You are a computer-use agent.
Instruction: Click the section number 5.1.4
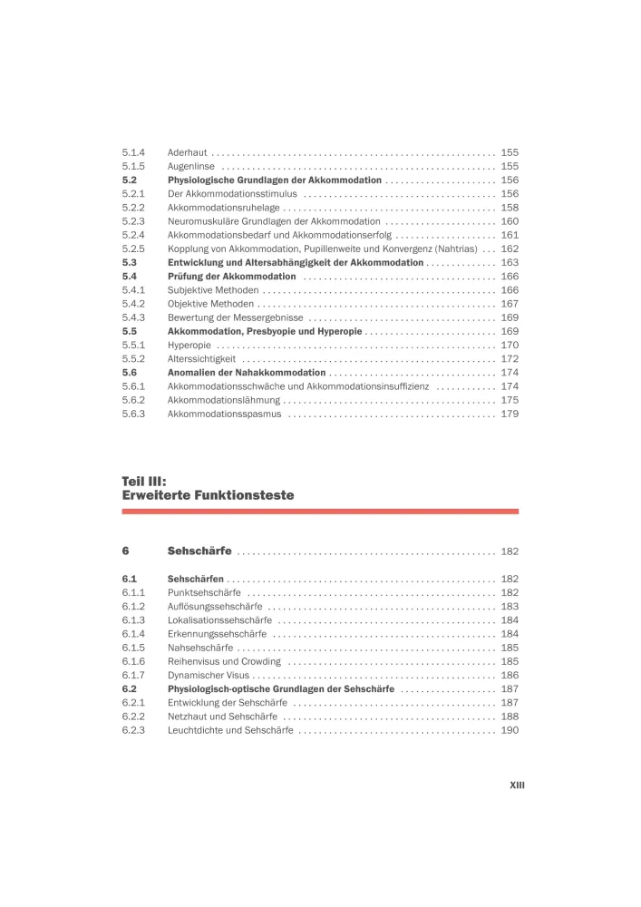134,152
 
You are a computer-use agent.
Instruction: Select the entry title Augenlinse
191,166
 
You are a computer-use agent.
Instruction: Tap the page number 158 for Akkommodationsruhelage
509,208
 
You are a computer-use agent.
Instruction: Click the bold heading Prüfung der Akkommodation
232,276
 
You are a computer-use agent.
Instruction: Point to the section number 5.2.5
134,249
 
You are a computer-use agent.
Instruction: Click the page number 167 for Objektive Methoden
509,304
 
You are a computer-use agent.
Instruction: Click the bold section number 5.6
130,372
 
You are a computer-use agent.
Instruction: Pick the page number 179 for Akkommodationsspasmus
509,414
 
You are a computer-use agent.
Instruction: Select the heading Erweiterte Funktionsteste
208,496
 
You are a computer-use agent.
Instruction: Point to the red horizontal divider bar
320,512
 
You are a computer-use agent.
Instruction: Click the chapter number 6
126,551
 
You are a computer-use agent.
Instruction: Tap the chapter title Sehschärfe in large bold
199,551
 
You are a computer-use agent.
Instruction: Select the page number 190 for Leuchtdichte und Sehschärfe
509,730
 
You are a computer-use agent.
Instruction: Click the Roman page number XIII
517,785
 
